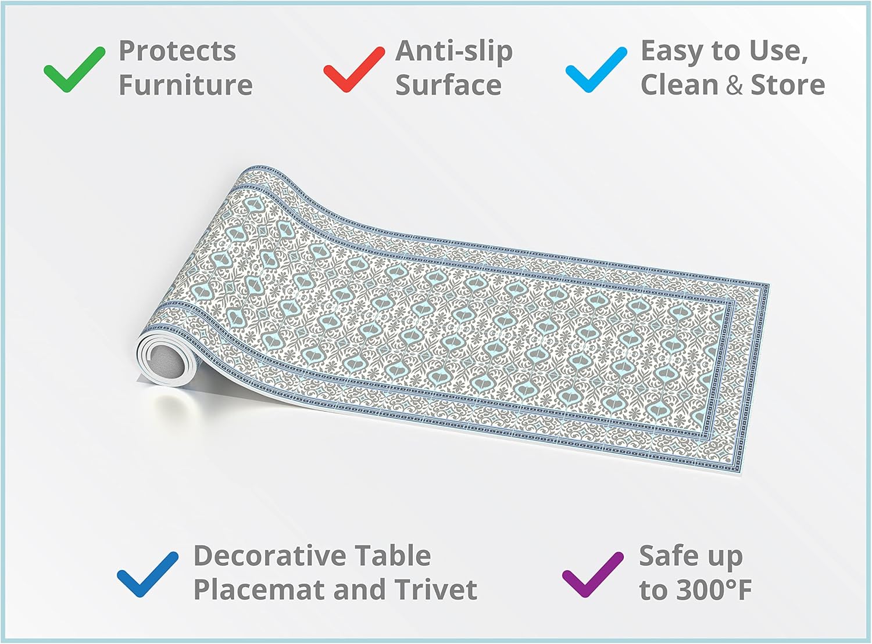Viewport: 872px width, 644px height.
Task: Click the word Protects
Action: (177, 51)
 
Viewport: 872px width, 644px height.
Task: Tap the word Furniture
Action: (185, 85)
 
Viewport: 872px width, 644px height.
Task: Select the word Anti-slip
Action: (454, 51)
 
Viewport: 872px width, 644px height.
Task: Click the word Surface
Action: (448, 85)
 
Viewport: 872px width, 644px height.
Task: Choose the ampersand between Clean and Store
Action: (734, 85)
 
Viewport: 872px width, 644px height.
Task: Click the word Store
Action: (788, 85)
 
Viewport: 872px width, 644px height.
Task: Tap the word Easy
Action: (674, 51)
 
